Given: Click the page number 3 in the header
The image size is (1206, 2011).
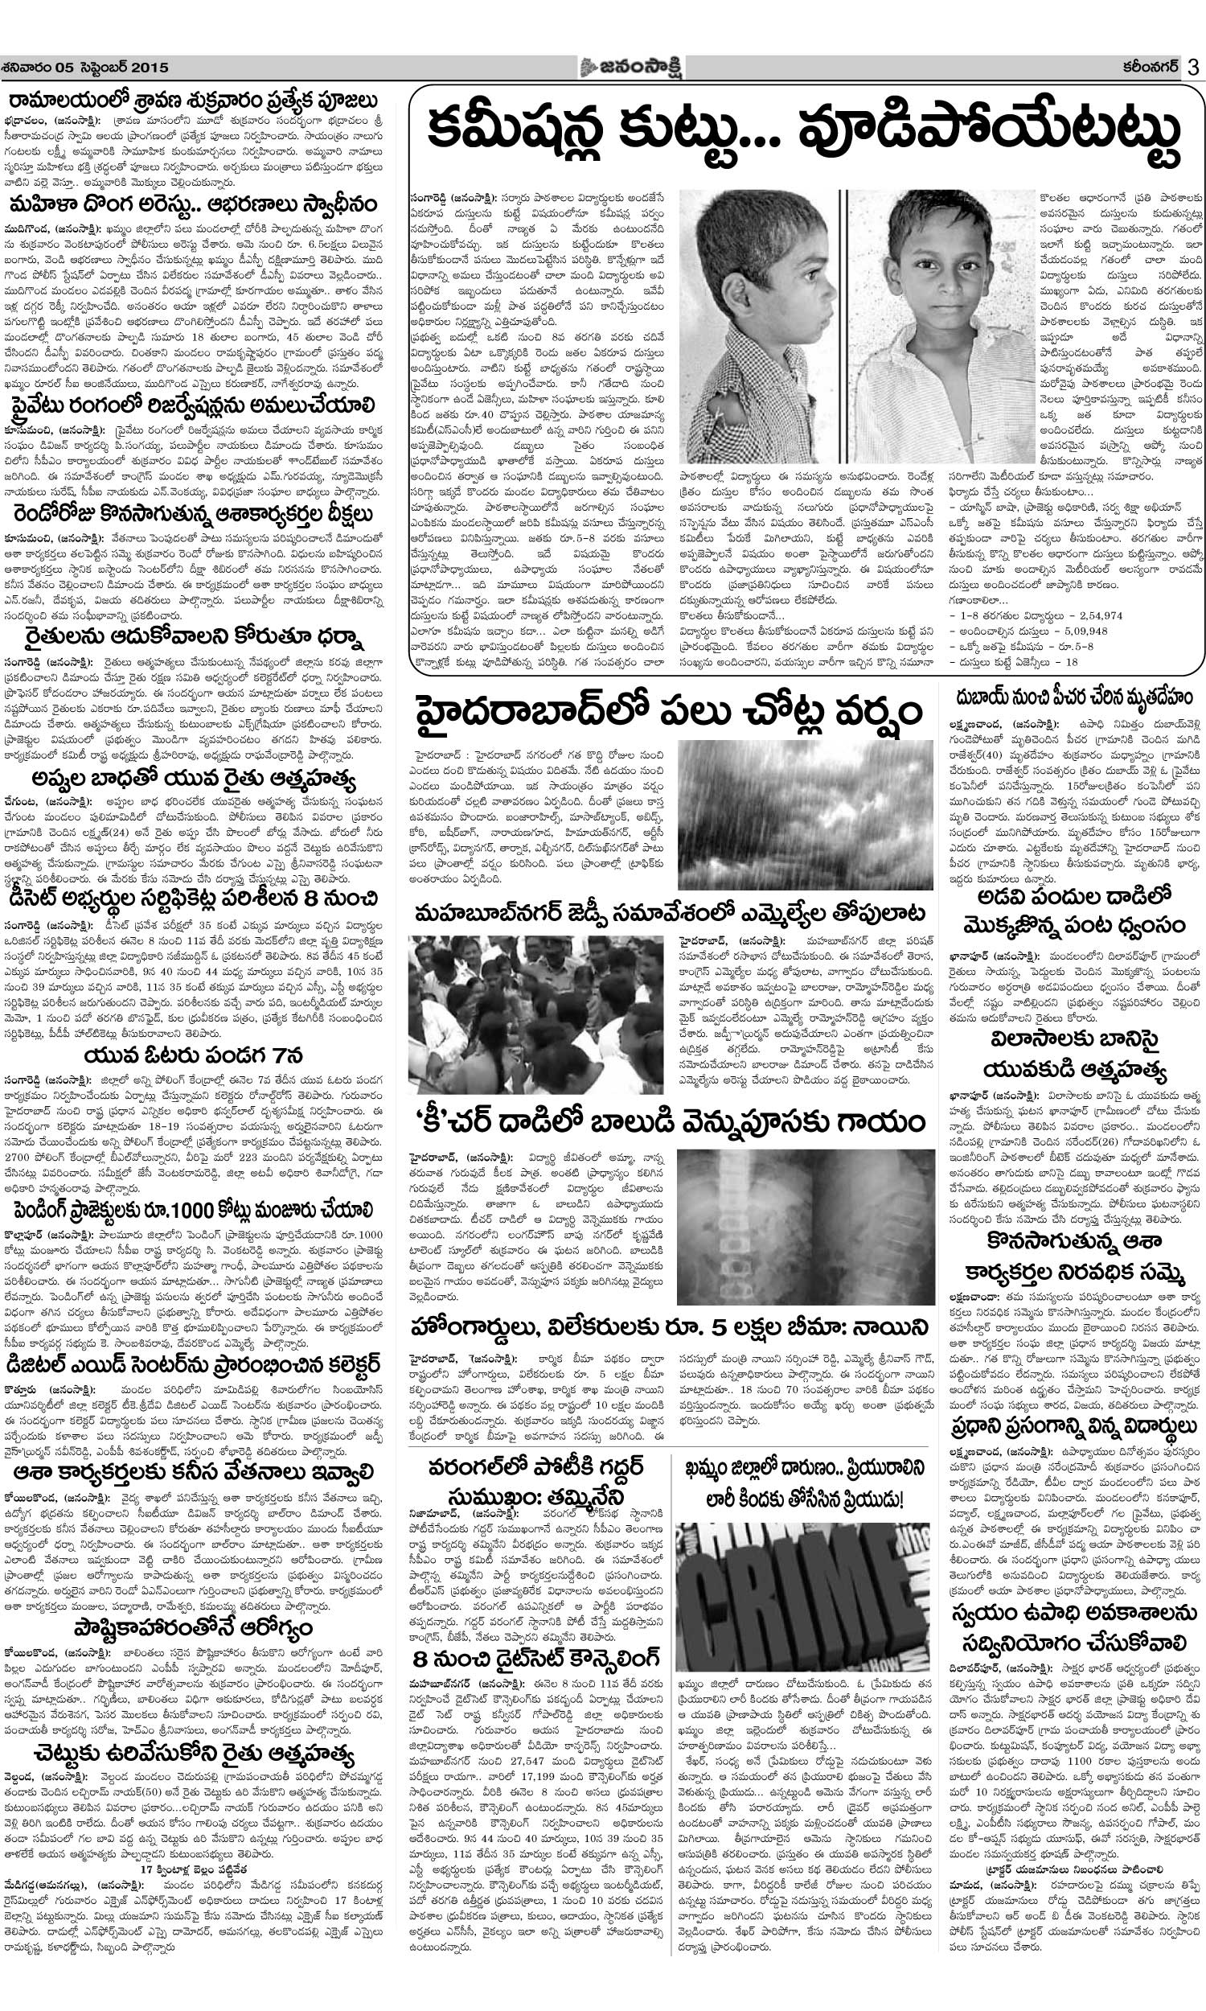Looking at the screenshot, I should point(1192,68).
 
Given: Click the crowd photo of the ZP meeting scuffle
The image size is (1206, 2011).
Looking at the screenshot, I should point(535,1014).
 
